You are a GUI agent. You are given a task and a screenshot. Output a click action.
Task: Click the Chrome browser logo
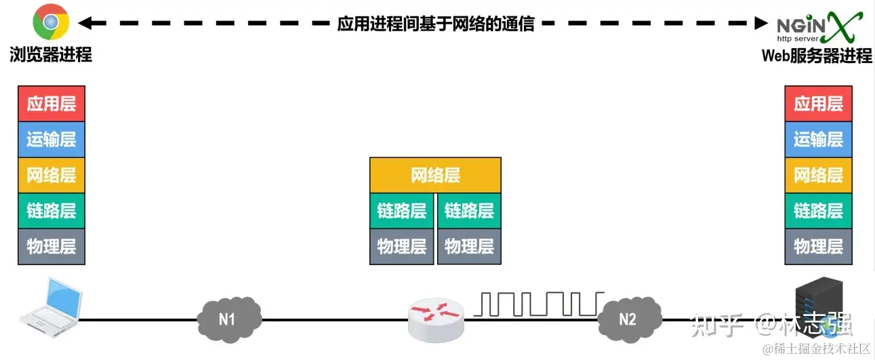(x=50, y=22)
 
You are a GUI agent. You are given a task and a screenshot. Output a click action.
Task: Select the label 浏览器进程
(x=51, y=55)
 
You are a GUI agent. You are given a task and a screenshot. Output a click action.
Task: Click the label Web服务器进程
(x=817, y=56)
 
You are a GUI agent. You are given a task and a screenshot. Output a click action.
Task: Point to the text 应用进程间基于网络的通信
(x=436, y=24)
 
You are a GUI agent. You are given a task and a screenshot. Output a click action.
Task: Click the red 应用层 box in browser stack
(x=52, y=104)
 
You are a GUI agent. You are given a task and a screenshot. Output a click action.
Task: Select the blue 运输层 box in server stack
(x=818, y=140)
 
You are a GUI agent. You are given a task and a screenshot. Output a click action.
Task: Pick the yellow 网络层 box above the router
(x=435, y=176)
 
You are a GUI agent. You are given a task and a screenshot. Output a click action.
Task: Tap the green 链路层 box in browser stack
(x=52, y=210)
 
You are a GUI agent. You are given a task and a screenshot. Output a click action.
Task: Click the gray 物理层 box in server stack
(x=818, y=246)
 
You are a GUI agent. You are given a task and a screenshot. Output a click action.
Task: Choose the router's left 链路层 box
(x=402, y=211)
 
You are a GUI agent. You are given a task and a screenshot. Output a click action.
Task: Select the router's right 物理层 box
(x=469, y=246)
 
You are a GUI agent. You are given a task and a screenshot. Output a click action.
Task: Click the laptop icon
(x=50, y=304)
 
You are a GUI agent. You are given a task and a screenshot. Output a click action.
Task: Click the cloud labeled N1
(x=228, y=317)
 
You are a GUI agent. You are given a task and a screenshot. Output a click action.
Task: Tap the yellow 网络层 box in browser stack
(x=52, y=175)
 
